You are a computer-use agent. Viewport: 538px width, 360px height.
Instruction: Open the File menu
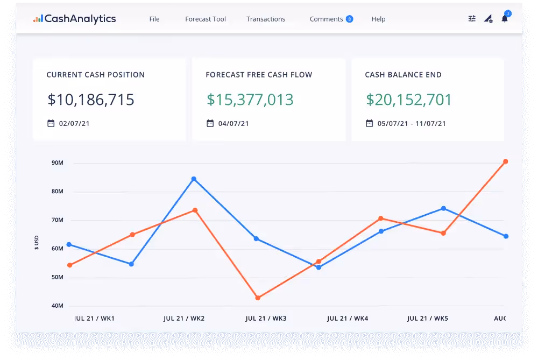tap(154, 19)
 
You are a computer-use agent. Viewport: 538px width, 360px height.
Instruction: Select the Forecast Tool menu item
tap(206, 19)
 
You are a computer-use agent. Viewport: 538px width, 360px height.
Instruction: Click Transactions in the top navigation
tap(266, 19)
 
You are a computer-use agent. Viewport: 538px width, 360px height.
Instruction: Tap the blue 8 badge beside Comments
tap(350, 19)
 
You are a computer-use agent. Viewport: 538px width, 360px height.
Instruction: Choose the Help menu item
tap(378, 19)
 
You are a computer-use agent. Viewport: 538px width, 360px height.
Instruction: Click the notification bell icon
tap(504, 19)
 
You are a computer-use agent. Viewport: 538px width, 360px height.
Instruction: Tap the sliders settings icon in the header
tap(472, 19)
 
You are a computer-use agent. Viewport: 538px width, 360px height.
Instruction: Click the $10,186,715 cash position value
tap(91, 100)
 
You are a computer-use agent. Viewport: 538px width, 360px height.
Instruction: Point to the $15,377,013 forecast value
tap(250, 100)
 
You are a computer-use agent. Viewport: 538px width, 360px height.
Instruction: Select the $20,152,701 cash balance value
tap(409, 100)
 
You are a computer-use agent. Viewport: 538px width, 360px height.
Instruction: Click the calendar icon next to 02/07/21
tap(51, 123)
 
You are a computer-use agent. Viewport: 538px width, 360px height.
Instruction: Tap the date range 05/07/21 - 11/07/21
tap(412, 123)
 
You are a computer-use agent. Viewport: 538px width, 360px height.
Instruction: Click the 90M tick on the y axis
tap(58, 163)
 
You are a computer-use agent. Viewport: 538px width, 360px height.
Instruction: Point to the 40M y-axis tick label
tap(58, 306)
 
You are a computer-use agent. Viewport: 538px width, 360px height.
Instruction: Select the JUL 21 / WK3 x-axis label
tap(266, 319)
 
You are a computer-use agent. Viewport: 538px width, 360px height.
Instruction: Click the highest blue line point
tap(194, 179)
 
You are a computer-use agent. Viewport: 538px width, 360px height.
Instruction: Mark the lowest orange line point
tap(258, 298)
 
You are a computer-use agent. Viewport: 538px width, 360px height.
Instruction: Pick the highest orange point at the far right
tap(505, 161)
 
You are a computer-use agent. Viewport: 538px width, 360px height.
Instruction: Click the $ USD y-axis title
tap(37, 242)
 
